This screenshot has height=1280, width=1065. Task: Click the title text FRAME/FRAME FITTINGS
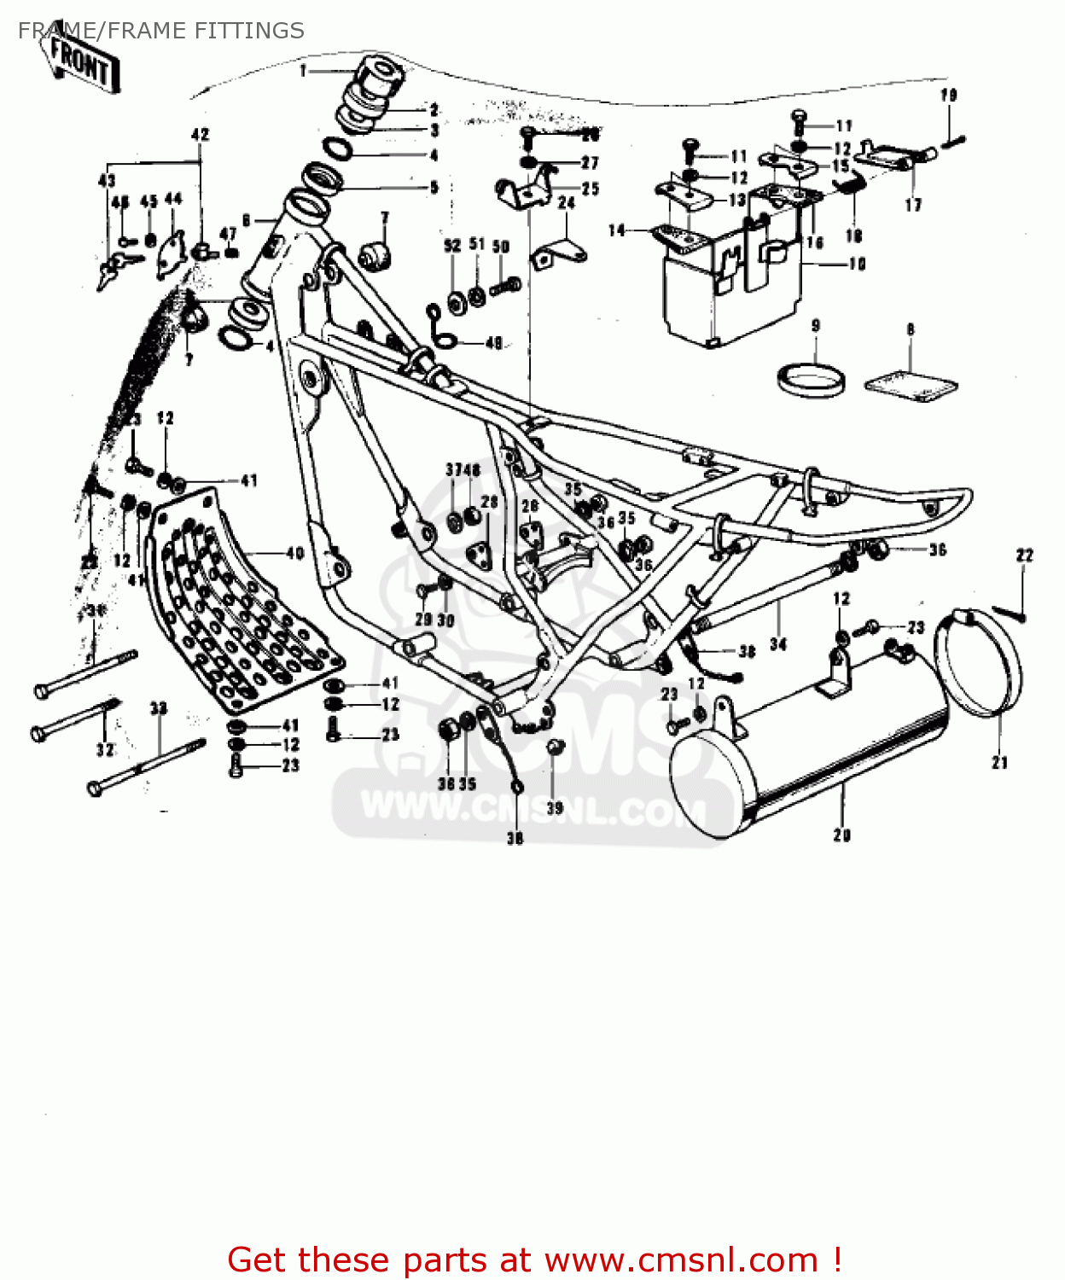160,31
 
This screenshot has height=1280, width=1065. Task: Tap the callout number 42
200,135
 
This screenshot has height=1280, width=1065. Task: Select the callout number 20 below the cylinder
842,835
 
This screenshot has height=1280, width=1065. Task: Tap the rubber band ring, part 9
812,379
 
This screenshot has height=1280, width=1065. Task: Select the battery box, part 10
734,273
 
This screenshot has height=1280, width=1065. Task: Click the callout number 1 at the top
303,71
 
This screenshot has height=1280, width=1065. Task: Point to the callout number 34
777,644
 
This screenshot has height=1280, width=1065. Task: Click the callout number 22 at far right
1024,556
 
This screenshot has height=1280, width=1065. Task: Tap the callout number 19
949,96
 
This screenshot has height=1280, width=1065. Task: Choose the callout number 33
159,708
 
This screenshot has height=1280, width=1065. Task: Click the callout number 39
555,807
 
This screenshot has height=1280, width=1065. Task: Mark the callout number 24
567,204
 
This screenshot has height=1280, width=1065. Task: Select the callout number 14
616,230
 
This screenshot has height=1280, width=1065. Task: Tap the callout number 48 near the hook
493,343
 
